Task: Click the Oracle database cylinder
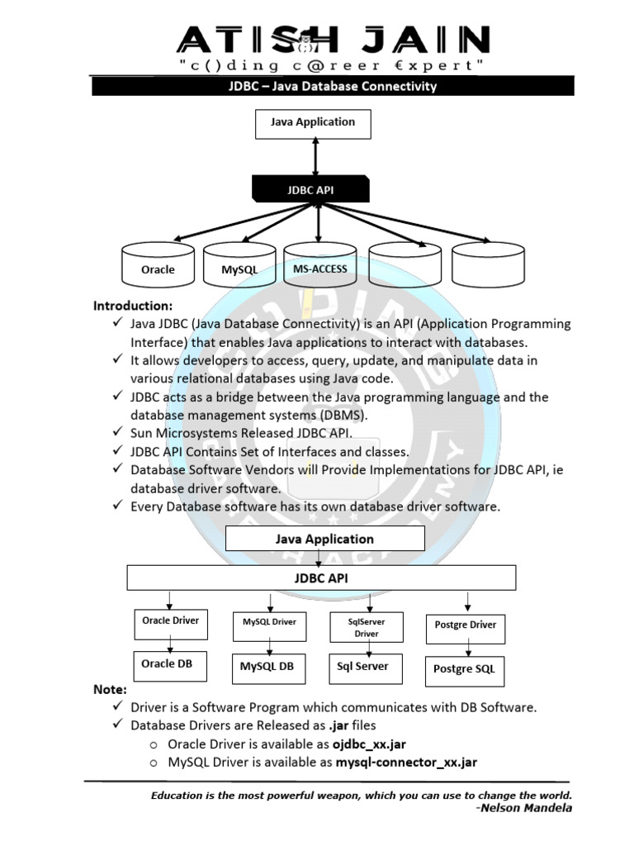point(158,264)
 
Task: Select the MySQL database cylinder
point(239,264)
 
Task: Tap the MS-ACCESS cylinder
point(319,264)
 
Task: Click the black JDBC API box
point(311,189)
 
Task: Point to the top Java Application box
point(313,124)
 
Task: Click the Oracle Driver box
point(171,625)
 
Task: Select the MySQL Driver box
point(270,626)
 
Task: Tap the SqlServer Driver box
point(367,627)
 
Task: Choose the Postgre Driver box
point(466,629)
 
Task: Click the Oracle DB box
point(170,667)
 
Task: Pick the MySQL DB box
point(268,669)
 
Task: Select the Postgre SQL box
point(465,671)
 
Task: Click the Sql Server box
point(366,669)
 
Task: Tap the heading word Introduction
point(133,306)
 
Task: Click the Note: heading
point(110,690)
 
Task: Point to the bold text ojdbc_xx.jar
point(369,744)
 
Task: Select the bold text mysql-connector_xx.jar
point(406,763)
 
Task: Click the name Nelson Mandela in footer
point(526,808)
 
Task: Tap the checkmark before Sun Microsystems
point(118,431)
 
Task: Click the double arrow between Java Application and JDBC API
point(315,157)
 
